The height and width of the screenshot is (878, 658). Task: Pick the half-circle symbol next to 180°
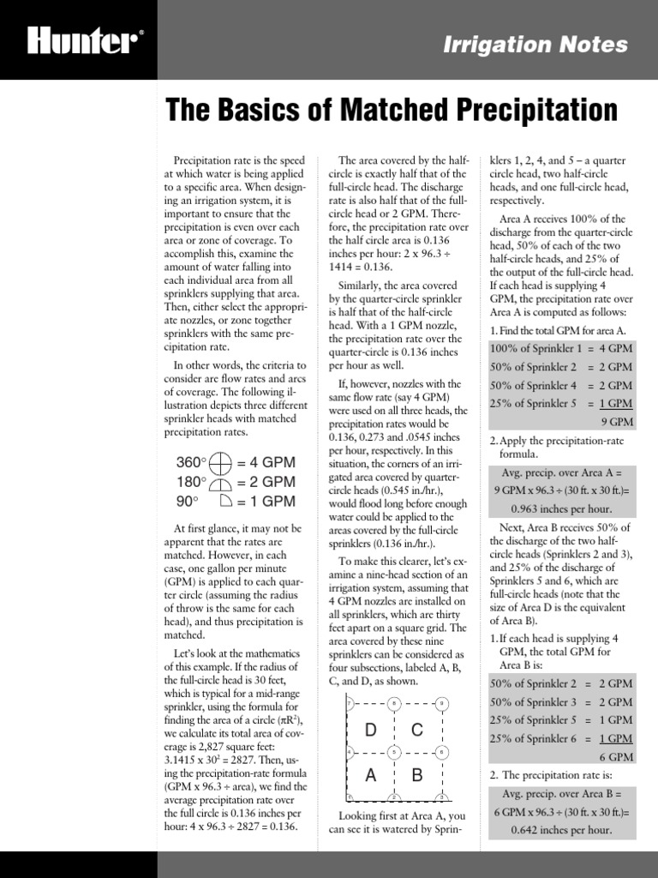[220, 483]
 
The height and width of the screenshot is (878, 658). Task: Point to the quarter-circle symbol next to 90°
[220, 502]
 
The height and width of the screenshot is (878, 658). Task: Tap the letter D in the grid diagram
[371, 731]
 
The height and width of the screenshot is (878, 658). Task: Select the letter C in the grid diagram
[417, 731]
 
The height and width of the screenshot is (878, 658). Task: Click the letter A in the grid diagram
[371, 776]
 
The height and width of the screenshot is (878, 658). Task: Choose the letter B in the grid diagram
[417, 776]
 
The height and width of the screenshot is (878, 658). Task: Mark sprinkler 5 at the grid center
[393, 753]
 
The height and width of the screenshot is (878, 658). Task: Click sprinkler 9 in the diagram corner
[441, 705]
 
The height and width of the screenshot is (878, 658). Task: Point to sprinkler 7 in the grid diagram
[348, 705]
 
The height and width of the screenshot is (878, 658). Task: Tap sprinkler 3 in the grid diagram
[441, 799]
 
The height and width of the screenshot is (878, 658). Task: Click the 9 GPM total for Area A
[617, 422]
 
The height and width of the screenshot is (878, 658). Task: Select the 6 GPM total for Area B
[617, 757]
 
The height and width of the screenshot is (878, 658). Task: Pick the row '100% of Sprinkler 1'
[561, 348]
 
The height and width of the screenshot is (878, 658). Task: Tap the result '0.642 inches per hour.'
[563, 830]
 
